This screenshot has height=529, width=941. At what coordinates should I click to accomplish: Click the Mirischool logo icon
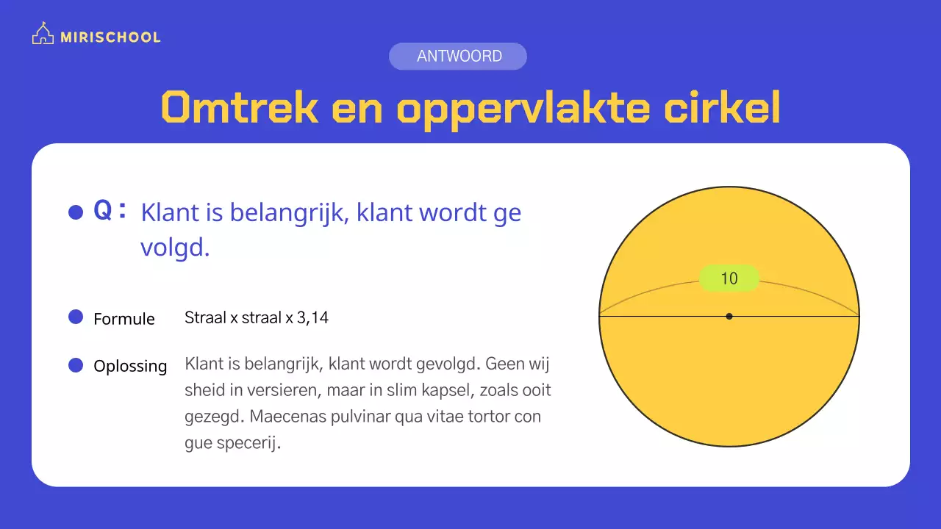43,35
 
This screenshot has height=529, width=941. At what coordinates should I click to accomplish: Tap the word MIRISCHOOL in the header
110,37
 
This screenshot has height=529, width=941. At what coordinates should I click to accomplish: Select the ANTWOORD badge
458,57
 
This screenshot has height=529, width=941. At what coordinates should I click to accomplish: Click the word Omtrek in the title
240,108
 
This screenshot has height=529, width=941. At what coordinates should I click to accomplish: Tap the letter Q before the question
102,212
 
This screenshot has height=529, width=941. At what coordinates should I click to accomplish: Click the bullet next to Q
76,212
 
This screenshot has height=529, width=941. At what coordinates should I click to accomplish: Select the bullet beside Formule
76,317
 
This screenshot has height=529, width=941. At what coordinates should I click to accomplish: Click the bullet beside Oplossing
76,365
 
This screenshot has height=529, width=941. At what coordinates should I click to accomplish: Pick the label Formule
124,319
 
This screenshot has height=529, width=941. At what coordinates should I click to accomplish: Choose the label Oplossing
130,366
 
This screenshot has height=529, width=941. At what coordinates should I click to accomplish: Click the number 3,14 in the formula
312,318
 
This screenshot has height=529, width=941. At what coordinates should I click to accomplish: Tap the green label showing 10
729,278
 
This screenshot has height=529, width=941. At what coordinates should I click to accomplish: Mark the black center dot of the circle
729,316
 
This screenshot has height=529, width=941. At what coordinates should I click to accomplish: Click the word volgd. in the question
175,248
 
